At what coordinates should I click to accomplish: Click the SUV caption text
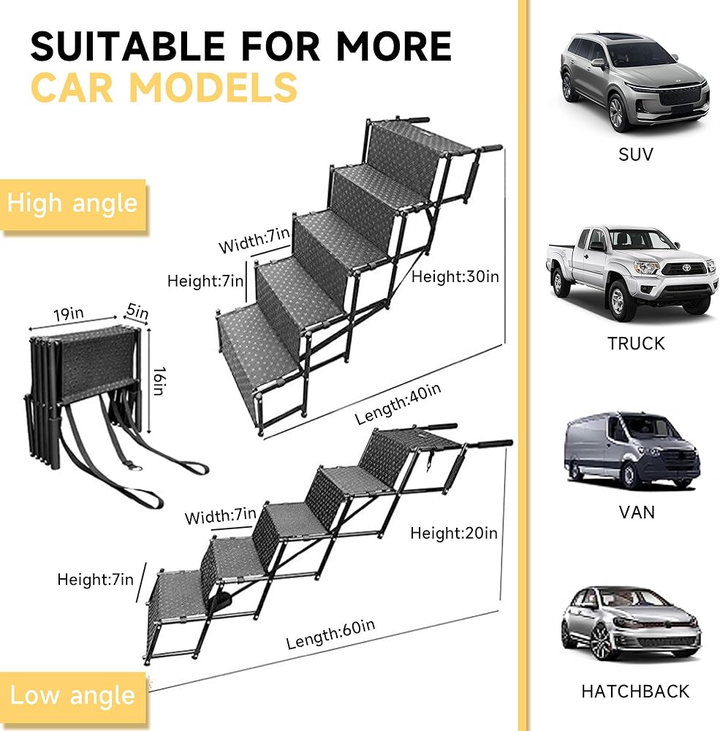(635, 154)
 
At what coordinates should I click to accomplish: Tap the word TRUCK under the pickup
(635, 343)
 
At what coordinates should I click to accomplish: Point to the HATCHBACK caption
(635, 690)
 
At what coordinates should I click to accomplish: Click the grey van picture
(632, 451)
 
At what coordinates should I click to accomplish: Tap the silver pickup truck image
(631, 270)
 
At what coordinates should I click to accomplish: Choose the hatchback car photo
(631, 624)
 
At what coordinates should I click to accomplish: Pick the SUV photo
(634, 82)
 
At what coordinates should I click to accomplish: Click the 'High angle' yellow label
(72, 202)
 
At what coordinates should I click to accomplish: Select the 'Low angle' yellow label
(72, 694)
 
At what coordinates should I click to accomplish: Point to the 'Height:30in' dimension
(455, 277)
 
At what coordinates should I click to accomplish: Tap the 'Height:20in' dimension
(453, 533)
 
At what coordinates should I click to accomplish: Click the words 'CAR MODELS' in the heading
(164, 88)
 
